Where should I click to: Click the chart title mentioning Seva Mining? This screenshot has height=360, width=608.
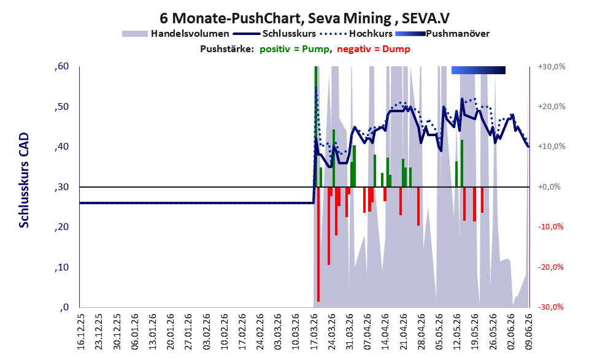[x=304, y=18]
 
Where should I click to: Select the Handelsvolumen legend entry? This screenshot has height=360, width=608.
[x=175, y=34]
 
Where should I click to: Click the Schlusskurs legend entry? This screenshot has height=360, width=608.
[x=274, y=34]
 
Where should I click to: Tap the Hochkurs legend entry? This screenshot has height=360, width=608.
[x=356, y=34]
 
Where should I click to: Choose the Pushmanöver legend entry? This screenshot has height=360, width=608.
[x=442, y=34]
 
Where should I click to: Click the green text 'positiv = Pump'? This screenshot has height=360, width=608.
[x=294, y=49]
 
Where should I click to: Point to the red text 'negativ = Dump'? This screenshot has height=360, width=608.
[x=374, y=49]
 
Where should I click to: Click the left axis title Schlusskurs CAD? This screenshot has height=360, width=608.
[x=24, y=180]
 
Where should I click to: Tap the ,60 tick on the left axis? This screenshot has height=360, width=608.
[x=61, y=66]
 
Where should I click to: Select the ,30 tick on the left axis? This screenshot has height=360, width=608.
[x=61, y=187]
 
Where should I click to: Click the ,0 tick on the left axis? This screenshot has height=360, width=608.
[x=64, y=307]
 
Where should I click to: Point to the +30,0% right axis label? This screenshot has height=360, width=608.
[x=552, y=67]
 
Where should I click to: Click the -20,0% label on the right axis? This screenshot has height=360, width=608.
[x=550, y=267]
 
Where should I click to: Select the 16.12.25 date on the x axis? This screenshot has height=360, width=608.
[x=80, y=331]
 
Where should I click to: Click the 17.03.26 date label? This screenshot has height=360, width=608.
[x=315, y=331]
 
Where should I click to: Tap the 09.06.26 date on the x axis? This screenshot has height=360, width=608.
[x=529, y=331]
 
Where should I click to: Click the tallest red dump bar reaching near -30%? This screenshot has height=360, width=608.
[x=318, y=244]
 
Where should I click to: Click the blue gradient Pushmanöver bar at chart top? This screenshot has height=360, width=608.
[x=479, y=70]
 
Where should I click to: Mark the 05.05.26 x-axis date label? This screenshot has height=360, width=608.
[x=439, y=331]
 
